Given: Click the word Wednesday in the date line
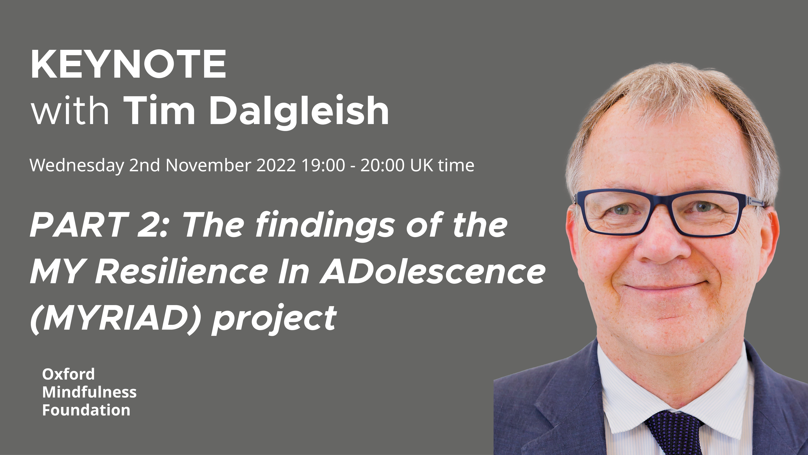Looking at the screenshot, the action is pos(77,165).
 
